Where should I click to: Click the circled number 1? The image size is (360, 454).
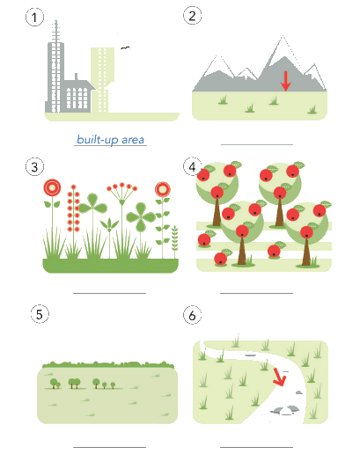34,18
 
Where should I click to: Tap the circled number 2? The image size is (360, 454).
192,16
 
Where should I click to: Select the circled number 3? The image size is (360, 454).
34,167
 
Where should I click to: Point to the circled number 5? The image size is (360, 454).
40,314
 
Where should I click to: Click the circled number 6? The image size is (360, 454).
192,315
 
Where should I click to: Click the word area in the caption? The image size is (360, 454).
133,140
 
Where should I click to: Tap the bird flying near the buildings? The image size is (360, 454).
125,48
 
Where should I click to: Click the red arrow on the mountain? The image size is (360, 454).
285,81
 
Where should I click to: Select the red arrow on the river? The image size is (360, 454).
279,377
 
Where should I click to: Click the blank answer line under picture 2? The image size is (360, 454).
257,144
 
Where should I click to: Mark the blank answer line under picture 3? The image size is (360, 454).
109,293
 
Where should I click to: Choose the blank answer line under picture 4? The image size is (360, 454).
257,293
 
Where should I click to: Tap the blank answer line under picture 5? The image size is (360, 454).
109,447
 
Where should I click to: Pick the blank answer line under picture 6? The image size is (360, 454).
257,447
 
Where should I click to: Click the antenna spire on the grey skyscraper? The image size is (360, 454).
56,32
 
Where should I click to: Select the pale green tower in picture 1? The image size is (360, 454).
102,80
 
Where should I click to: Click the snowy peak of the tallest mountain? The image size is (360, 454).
283,47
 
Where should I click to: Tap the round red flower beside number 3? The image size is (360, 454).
52,187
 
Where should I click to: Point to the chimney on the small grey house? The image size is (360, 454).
76,77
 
